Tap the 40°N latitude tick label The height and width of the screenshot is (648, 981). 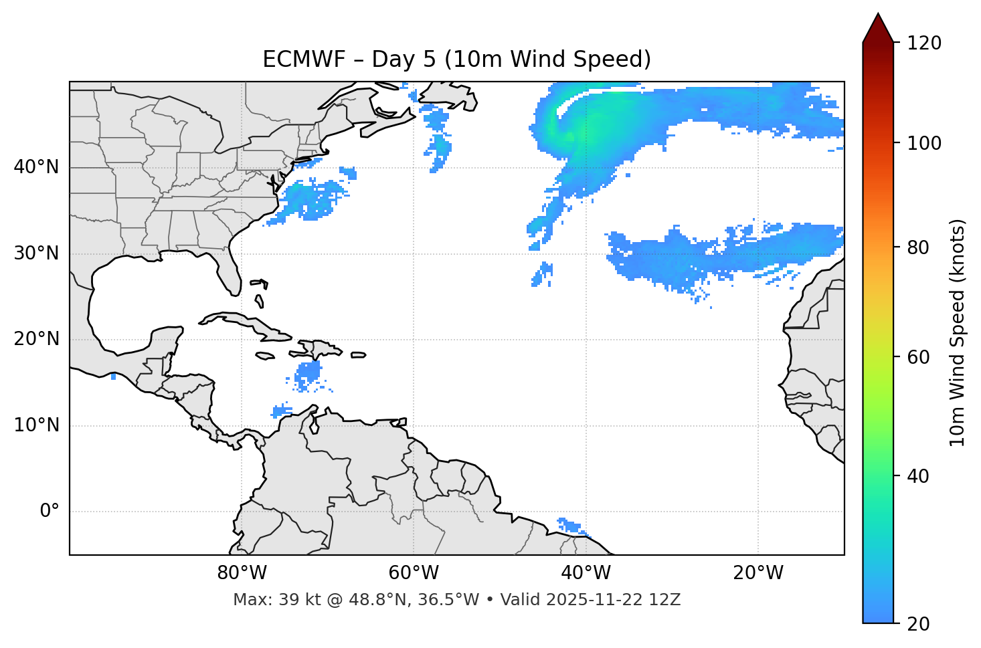pyautogui.click(x=36, y=167)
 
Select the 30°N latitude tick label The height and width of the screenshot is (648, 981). pyautogui.click(x=36, y=253)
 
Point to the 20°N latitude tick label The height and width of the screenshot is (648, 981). pyautogui.click(x=36, y=339)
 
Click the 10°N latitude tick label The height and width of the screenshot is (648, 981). pyautogui.click(x=36, y=425)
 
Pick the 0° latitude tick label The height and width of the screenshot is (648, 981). pyautogui.click(x=50, y=512)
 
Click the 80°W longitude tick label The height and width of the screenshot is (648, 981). pyautogui.click(x=242, y=573)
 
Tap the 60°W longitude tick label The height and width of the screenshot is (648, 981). pyautogui.click(x=414, y=573)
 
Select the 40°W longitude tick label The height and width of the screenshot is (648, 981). pyautogui.click(x=586, y=573)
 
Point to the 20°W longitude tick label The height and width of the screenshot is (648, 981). pyautogui.click(x=757, y=573)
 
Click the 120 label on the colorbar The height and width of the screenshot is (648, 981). pyautogui.click(x=924, y=43)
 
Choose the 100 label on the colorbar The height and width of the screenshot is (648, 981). pyautogui.click(x=924, y=143)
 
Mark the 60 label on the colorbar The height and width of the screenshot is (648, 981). pyautogui.click(x=919, y=357)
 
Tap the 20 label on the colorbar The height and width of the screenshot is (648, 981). pyautogui.click(x=919, y=624)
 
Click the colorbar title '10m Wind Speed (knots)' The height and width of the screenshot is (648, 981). pyautogui.click(x=958, y=332)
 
